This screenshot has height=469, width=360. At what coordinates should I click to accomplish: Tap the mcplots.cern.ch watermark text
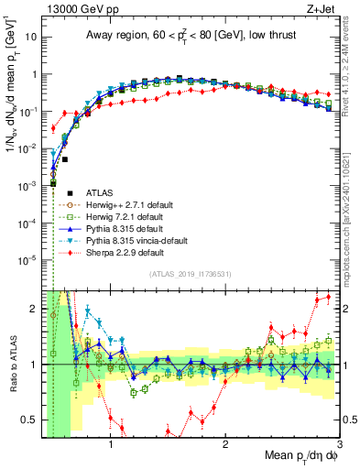coord(352,202)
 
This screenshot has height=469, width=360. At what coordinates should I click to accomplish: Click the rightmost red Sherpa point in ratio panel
coord(329,297)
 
